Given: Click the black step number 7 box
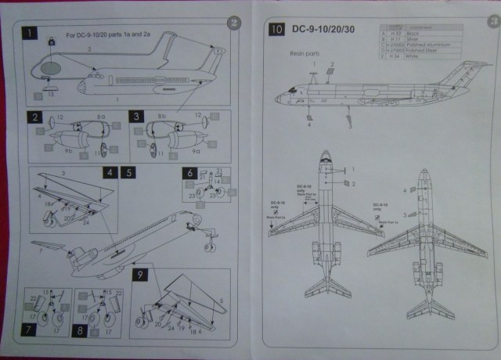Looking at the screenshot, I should tap(29, 329).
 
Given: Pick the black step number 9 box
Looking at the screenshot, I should tap(140, 276).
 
